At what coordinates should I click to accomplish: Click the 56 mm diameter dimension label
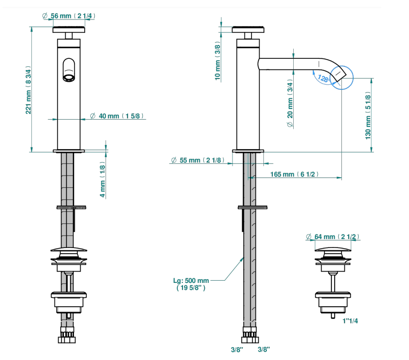tap(69, 16)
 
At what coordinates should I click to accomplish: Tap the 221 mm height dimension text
tap(28, 90)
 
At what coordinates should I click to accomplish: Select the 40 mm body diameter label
tap(117, 116)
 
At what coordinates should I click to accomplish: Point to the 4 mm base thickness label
tap(103, 180)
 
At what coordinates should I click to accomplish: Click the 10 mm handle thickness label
tap(217, 60)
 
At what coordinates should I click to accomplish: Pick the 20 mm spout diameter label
tap(290, 103)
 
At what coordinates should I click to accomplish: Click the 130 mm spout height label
tap(368, 115)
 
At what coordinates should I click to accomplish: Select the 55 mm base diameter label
tap(198, 160)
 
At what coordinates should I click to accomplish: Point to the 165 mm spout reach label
tap(294, 174)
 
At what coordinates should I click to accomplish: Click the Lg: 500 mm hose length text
tap(191, 284)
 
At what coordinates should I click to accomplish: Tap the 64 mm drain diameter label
tap(333, 236)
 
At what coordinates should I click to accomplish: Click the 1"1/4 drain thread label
tap(350, 321)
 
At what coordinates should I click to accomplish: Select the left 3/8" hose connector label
tap(237, 349)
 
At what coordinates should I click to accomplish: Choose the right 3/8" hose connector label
tap(264, 349)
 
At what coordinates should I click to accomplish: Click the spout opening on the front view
tap(69, 78)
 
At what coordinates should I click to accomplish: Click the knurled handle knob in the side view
tap(248, 29)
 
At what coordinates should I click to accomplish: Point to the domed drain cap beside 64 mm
tap(333, 249)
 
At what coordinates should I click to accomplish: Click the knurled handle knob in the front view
tap(69, 29)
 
